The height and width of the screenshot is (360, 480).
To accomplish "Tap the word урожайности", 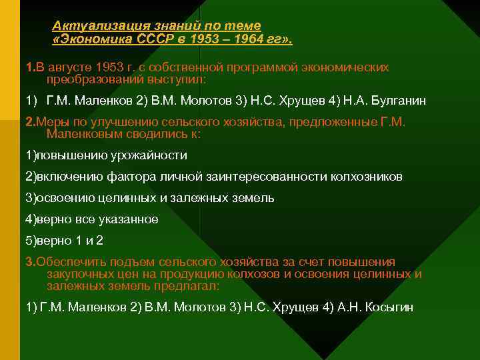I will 153,155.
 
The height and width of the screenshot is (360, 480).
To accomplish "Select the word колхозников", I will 365,177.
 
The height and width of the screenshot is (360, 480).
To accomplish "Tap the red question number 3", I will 29,262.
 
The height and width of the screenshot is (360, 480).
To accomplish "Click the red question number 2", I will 29,123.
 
